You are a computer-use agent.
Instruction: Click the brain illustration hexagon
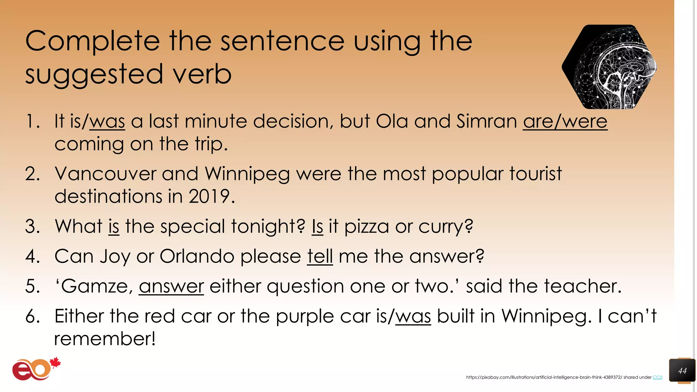[609, 67]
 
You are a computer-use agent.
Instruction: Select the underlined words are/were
[565, 121]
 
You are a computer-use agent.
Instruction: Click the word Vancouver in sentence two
[105, 174]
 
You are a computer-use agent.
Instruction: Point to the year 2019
[209, 196]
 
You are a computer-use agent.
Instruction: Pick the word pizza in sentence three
[366, 227]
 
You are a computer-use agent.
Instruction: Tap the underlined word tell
[320, 256]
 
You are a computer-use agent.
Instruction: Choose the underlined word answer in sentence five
[171, 286]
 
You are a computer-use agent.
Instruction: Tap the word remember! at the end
[105, 339]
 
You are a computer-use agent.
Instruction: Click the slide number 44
[682, 371]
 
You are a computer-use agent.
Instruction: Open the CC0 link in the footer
[657, 377]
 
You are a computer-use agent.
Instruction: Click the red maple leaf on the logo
[55, 363]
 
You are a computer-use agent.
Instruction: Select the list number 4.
[32, 256]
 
